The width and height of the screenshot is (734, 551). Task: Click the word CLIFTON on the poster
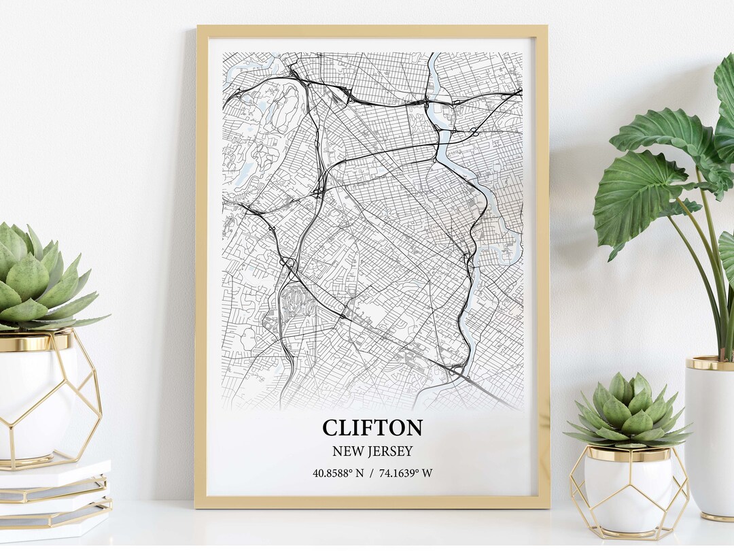[x=372, y=428]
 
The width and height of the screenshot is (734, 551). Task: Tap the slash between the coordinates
[x=372, y=473]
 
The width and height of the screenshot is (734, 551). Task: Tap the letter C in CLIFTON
[x=330, y=428]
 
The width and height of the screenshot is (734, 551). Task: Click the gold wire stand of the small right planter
[x=578, y=490]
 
